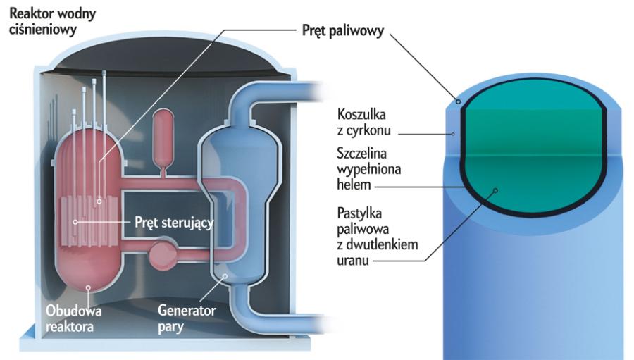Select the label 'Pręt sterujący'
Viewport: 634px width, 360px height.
(173, 223)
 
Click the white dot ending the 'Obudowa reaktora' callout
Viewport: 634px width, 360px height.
(87, 287)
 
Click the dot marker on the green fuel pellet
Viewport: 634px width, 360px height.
(496, 190)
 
